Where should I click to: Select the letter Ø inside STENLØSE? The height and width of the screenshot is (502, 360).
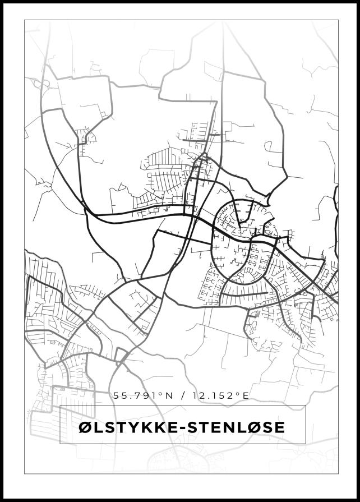click(255, 427)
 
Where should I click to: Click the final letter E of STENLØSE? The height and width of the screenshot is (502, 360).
click(280, 427)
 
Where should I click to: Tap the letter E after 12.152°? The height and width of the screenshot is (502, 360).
click(245, 395)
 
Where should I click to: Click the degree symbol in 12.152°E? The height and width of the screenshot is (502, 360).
click(238, 393)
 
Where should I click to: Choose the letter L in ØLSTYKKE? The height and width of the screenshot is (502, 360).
click(98, 427)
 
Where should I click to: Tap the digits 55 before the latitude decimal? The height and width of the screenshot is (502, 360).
click(120, 395)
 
